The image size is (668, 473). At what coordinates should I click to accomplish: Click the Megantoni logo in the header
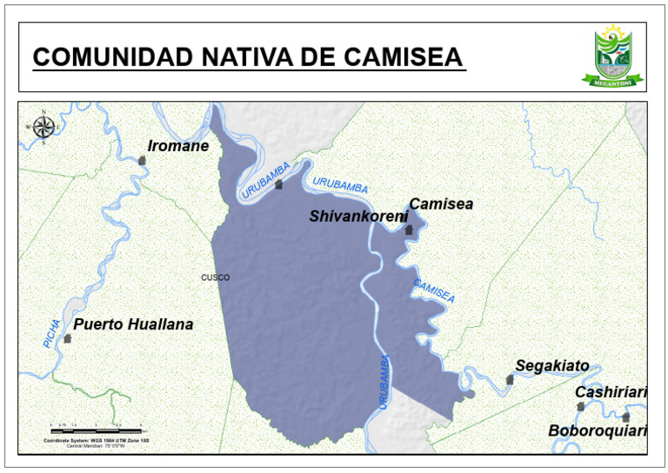tap(614, 57)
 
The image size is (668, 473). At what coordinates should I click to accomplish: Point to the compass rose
tap(43, 126)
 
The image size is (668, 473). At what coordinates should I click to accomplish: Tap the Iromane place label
tap(178, 146)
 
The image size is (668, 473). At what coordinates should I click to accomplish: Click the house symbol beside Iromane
tap(143, 160)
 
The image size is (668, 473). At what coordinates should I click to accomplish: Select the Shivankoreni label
tap(357, 216)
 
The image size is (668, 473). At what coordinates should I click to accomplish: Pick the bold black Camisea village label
tap(441, 204)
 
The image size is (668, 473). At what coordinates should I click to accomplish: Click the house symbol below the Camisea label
tap(409, 230)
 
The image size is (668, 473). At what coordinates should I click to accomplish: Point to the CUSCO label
tap(215, 278)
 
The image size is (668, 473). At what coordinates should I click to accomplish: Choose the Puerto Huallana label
tap(133, 325)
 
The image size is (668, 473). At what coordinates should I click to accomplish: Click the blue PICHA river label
tap(51, 334)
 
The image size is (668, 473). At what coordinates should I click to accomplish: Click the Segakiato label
tap(551, 366)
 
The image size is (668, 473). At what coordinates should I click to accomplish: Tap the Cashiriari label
tap(611, 393)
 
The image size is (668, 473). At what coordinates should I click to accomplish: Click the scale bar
tap(96, 430)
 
